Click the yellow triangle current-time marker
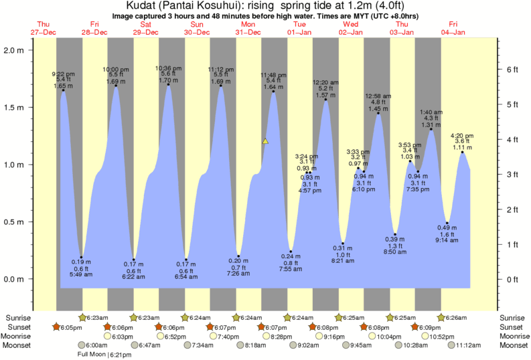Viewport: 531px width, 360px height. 266,141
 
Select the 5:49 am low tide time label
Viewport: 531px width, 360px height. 81,275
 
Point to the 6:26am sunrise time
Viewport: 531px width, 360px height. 457,317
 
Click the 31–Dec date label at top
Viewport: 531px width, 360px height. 248,32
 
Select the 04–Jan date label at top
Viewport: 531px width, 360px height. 453,32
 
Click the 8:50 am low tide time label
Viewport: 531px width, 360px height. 395,252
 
